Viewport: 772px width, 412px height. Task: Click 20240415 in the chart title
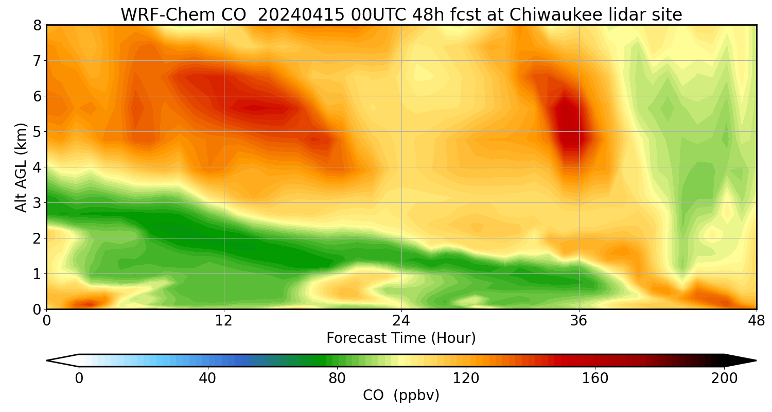click(x=291, y=15)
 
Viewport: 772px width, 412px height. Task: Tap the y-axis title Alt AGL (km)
click(x=21, y=167)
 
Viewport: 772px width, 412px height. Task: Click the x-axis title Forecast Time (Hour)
click(x=401, y=338)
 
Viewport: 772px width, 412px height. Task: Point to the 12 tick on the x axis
click(x=224, y=320)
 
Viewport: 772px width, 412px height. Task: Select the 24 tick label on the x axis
click(x=401, y=320)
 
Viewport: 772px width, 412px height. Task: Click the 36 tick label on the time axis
click(x=579, y=320)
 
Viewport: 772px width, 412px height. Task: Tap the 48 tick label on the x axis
click(x=756, y=320)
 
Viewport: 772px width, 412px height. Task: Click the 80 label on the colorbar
click(x=337, y=379)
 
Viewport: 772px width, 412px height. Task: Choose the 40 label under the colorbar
click(x=208, y=379)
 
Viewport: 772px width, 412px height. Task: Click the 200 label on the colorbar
click(x=724, y=379)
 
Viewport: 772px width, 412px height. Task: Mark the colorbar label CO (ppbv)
click(x=401, y=396)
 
